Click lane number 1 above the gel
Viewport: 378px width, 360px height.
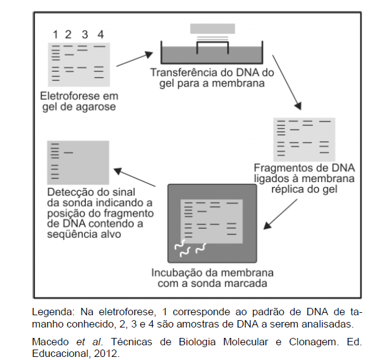pyautogui.click(x=55, y=34)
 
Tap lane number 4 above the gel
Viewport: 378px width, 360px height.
pyautogui.click(x=101, y=34)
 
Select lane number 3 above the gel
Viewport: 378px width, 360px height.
pyautogui.click(x=85, y=34)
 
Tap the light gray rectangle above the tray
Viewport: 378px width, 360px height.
pyautogui.click(x=212, y=29)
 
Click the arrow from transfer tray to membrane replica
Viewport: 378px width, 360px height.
pyautogui.click(x=287, y=80)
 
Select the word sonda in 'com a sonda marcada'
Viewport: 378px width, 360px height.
pyautogui.click(x=212, y=284)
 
